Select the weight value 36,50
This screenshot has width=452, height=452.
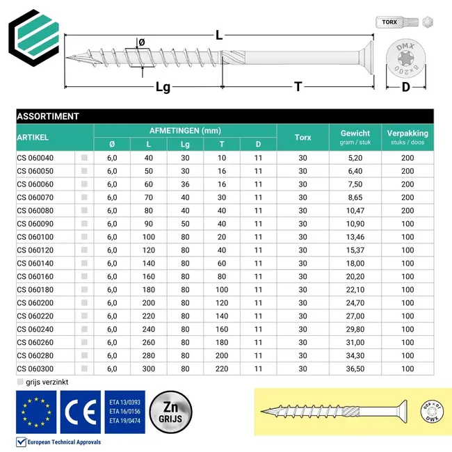click(x=355, y=369)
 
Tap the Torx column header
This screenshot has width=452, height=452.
click(x=302, y=138)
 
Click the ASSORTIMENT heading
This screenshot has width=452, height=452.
click(x=48, y=116)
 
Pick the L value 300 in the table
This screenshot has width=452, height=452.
click(x=149, y=369)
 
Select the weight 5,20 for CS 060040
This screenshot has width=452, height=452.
click(x=355, y=158)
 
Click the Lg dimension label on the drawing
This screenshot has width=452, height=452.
click(x=163, y=88)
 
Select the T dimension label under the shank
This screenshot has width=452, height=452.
click(x=298, y=87)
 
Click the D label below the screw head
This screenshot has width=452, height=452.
click(x=406, y=87)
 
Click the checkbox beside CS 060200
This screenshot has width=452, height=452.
click(x=85, y=303)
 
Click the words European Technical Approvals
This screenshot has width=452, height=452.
click(x=64, y=442)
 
